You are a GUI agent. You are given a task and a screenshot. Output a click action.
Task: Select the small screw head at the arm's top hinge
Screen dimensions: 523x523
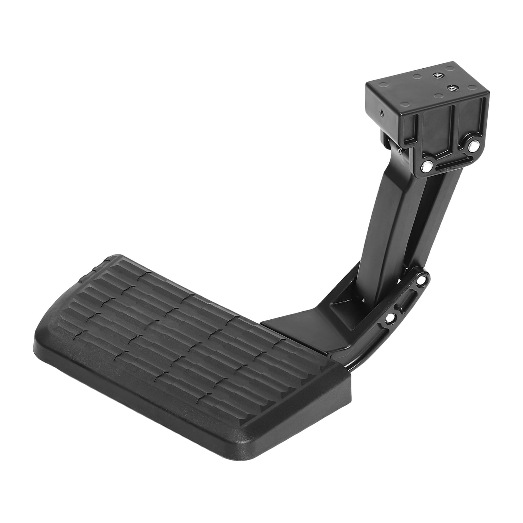pyautogui.click(x=399, y=151)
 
